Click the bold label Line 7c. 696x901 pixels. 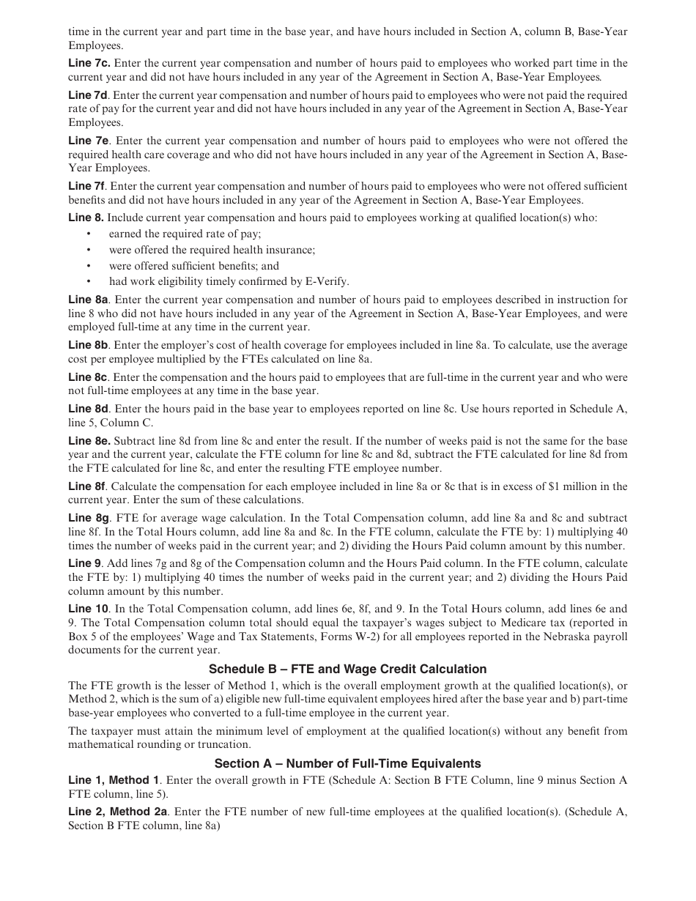(89, 63)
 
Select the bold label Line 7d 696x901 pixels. (88, 95)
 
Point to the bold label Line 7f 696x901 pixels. (87, 186)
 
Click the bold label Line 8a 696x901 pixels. (89, 300)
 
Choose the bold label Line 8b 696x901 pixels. (89, 345)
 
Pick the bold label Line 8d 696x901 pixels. (89, 409)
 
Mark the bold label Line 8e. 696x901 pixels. (89, 441)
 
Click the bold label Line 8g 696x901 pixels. (89, 519)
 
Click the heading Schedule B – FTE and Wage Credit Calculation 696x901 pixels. (347, 669)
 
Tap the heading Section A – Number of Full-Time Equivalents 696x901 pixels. (347, 763)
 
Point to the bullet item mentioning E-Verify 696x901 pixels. (229, 281)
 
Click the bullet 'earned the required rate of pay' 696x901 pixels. (185, 234)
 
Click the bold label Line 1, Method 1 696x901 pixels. (114, 780)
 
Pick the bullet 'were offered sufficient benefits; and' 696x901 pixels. (193, 266)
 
